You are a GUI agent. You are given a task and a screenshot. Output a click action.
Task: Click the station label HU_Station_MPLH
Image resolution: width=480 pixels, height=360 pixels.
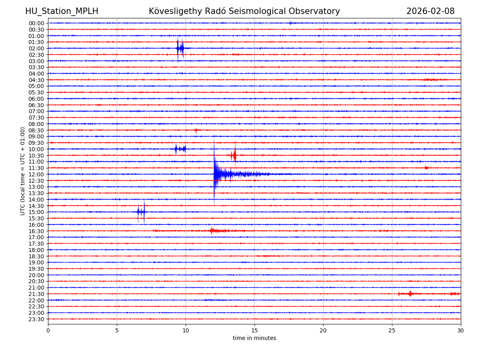pyautogui.click(x=62, y=11)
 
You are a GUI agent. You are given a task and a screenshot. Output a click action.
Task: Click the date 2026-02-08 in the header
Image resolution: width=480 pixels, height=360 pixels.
pyautogui.click(x=430, y=11)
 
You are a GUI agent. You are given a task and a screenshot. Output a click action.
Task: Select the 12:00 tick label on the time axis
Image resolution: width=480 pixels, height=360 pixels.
pyautogui.click(x=36, y=174)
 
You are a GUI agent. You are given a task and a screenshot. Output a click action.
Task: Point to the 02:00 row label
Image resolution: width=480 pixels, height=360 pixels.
pyautogui.click(x=36, y=48)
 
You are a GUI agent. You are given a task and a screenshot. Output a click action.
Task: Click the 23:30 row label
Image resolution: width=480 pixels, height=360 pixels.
pyautogui.click(x=36, y=319)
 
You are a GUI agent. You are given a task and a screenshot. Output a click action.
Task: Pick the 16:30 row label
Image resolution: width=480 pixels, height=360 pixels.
pyautogui.click(x=36, y=231)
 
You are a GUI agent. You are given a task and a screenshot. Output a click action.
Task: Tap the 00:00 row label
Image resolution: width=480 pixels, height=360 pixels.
pyautogui.click(x=36, y=23)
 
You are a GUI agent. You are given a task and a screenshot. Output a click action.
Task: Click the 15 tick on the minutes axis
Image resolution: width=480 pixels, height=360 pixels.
pyautogui.click(x=254, y=331)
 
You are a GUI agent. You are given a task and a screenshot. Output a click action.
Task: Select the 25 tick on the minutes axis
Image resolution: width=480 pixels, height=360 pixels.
pyautogui.click(x=392, y=331)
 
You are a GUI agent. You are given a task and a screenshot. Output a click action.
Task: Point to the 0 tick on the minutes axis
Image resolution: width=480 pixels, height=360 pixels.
pyautogui.click(x=48, y=331)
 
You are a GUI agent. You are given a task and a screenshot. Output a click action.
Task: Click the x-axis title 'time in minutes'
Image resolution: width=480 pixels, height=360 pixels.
pyautogui.click(x=254, y=338)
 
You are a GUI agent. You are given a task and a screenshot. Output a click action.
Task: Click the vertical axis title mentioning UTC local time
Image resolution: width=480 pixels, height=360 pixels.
pyautogui.click(x=23, y=171)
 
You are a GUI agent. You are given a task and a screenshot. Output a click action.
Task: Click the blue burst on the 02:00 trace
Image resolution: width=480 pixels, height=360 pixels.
pyautogui.click(x=180, y=48)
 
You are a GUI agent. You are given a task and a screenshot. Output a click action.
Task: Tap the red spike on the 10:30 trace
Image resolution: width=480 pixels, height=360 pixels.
pyautogui.click(x=234, y=155)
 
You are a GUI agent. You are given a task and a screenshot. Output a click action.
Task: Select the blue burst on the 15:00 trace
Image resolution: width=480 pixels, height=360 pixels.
pyautogui.click(x=141, y=212)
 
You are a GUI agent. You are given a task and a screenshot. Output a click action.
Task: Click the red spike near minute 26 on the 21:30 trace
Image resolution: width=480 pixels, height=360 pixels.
pyautogui.click(x=410, y=294)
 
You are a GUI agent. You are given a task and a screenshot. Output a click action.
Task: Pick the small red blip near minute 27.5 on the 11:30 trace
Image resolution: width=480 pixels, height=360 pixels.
pyautogui.click(x=426, y=168)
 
